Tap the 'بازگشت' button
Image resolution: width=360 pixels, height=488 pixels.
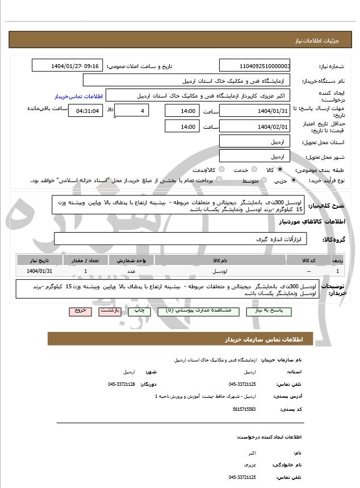[x=110, y=311]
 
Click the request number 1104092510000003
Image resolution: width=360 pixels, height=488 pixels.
[x=255, y=66]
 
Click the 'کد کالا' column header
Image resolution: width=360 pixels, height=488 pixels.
[x=309, y=260]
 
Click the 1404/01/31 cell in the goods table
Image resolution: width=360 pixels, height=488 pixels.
[x=39, y=272]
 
